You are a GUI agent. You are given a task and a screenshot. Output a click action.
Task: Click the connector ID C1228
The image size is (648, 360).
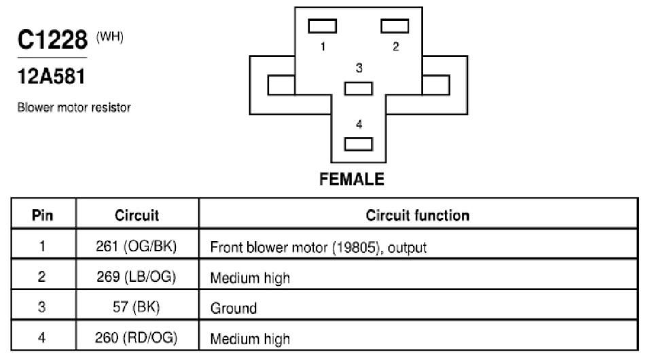(x=52, y=39)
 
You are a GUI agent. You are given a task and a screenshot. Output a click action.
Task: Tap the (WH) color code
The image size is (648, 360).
(x=109, y=37)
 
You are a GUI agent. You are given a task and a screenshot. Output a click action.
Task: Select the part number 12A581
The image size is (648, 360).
(x=51, y=77)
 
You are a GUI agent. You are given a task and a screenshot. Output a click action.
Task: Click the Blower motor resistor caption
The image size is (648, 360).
(x=74, y=107)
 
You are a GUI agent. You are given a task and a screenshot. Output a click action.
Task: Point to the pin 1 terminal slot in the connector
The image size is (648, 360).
(x=323, y=26)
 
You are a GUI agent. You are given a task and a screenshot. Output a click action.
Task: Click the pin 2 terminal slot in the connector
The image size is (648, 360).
(x=395, y=26)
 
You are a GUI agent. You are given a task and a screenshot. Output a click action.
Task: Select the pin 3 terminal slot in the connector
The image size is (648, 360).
(x=358, y=88)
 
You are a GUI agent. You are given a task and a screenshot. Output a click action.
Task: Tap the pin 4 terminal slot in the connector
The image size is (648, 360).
(x=358, y=144)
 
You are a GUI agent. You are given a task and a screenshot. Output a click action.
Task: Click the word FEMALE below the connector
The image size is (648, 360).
(x=352, y=179)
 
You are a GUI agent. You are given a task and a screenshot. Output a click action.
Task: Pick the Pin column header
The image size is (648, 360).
(x=43, y=215)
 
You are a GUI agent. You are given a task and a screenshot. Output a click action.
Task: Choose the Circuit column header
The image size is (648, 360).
(x=137, y=215)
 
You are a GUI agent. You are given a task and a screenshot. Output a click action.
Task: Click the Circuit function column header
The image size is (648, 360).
(x=418, y=215)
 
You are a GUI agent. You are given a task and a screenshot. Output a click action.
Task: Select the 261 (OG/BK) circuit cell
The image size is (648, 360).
(x=137, y=247)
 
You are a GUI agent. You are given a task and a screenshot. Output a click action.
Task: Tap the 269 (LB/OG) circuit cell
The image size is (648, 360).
(x=137, y=276)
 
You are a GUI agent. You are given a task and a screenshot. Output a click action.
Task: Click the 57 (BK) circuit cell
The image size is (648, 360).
(x=137, y=307)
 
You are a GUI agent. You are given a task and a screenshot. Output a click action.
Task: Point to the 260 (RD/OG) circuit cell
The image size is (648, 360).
(x=137, y=338)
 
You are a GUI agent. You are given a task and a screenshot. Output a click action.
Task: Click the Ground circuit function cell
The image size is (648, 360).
(x=234, y=308)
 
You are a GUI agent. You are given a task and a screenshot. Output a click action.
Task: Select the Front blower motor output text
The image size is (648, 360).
(x=318, y=247)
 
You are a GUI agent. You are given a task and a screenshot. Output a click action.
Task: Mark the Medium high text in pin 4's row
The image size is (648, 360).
(x=250, y=339)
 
